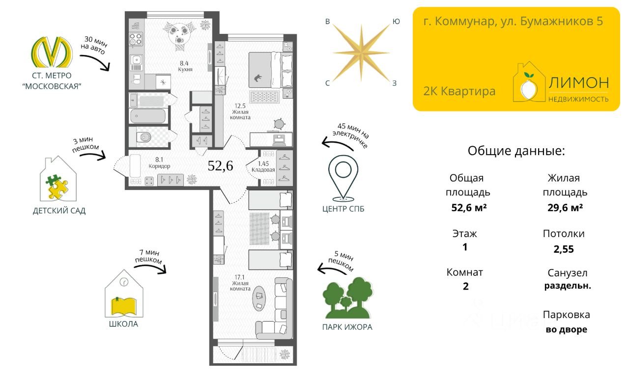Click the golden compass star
[x=361, y=52]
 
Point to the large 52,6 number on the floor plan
[x=220, y=166]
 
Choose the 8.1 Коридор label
[x=159, y=162]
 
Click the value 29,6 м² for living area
[x=565, y=208]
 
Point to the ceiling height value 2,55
[x=564, y=249]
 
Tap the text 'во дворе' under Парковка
[x=566, y=329]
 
